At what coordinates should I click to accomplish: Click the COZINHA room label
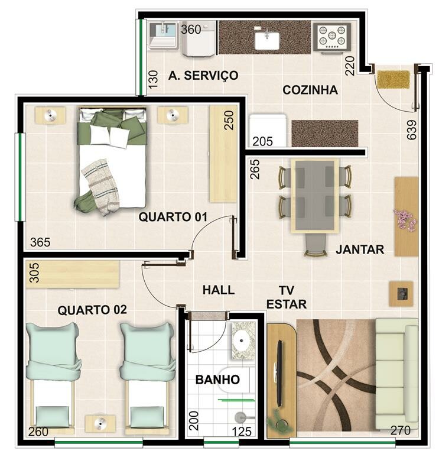click(x=310, y=90)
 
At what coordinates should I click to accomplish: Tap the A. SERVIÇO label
click(x=203, y=75)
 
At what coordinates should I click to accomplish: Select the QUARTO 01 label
click(x=173, y=217)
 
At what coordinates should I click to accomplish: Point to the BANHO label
click(x=217, y=380)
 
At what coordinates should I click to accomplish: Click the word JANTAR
click(x=360, y=249)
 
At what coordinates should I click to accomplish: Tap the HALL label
click(x=219, y=290)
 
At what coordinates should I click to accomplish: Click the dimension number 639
click(x=411, y=130)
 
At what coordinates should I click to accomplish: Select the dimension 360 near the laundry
click(x=191, y=29)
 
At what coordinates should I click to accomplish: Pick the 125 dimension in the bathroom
click(x=242, y=432)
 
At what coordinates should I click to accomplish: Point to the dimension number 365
click(x=40, y=242)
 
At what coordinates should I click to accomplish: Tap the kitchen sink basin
click(x=267, y=40)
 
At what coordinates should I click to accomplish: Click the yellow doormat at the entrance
click(x=394, y=79)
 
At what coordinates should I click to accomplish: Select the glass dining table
click(x=315, y=196)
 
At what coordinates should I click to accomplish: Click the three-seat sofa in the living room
click(x=396, y=374)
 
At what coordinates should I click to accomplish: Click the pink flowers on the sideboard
click(x=405, y=219)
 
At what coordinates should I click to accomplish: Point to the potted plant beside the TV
click(x=279, y=421)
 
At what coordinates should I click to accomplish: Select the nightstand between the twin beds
click(x=100, y=424)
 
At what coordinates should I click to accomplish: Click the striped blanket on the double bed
click(x=100, y=187)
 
